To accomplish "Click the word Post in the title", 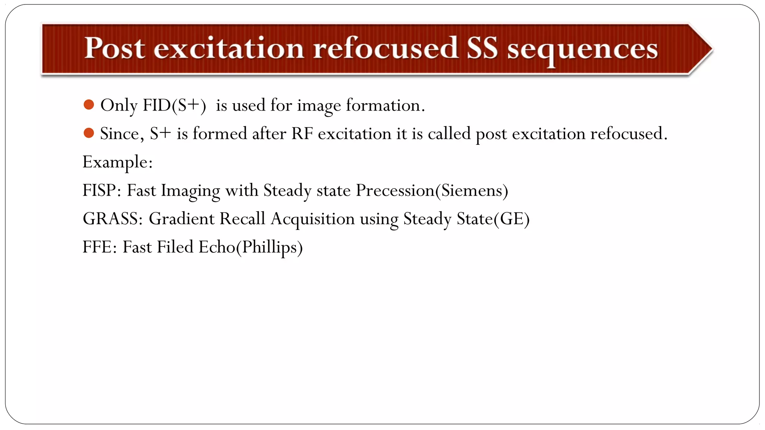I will [114, 48].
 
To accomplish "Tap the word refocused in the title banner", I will [385, 48].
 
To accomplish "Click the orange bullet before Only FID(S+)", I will [89, 105].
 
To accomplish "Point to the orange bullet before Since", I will [89, 133].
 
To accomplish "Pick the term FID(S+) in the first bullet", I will [174, 106].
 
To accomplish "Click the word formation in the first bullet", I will [385, 106].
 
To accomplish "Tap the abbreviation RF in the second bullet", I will [302, 134].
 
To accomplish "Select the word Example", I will [117, 162].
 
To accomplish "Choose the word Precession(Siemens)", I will [432, 191].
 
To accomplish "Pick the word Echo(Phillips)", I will [250, 247].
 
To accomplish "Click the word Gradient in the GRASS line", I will [182, 219].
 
